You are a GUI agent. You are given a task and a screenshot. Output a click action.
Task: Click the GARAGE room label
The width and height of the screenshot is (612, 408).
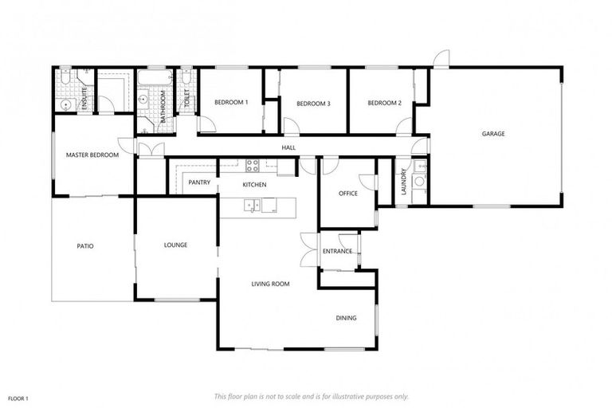[x=492, y=134]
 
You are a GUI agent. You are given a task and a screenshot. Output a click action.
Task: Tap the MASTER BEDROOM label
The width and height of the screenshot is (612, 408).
[x=92, y=155]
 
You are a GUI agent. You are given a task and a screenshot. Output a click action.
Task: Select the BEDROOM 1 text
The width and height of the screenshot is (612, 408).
[x=231, y=103]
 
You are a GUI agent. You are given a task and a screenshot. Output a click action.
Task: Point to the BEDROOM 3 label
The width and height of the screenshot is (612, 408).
[x=313, y=104]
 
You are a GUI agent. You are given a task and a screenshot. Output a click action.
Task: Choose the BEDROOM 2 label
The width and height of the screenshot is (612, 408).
[x=384, y=103]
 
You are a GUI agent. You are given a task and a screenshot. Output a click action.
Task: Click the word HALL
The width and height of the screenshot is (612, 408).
[x=288, y=148]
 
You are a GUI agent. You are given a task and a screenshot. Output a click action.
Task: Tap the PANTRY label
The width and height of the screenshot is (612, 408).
[x=199, y=182]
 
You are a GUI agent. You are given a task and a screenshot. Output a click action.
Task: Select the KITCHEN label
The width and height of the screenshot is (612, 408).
[x=254, y=185]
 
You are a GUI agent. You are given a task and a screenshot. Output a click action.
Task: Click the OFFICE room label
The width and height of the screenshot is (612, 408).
[x=347, y=194]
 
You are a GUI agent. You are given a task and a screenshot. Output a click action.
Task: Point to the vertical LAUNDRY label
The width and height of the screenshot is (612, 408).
[x=405, y=180]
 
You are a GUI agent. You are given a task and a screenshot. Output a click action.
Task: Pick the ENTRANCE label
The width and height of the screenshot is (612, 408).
[x=337, y=252]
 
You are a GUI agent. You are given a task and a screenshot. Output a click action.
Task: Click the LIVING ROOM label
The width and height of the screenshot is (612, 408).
[x=270, y=284]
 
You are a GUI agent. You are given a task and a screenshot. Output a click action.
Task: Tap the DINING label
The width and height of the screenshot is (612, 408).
[x=346, y=318]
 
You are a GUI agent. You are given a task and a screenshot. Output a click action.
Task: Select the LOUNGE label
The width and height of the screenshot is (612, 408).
[x=175, y=245]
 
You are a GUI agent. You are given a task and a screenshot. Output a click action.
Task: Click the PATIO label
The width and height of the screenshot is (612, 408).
[x=85, y=246]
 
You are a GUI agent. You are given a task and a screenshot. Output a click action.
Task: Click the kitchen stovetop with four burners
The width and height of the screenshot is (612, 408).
[x=252, y=166]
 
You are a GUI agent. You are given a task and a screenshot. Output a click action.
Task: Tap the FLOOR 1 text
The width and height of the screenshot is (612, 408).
[x=18, y=397]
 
